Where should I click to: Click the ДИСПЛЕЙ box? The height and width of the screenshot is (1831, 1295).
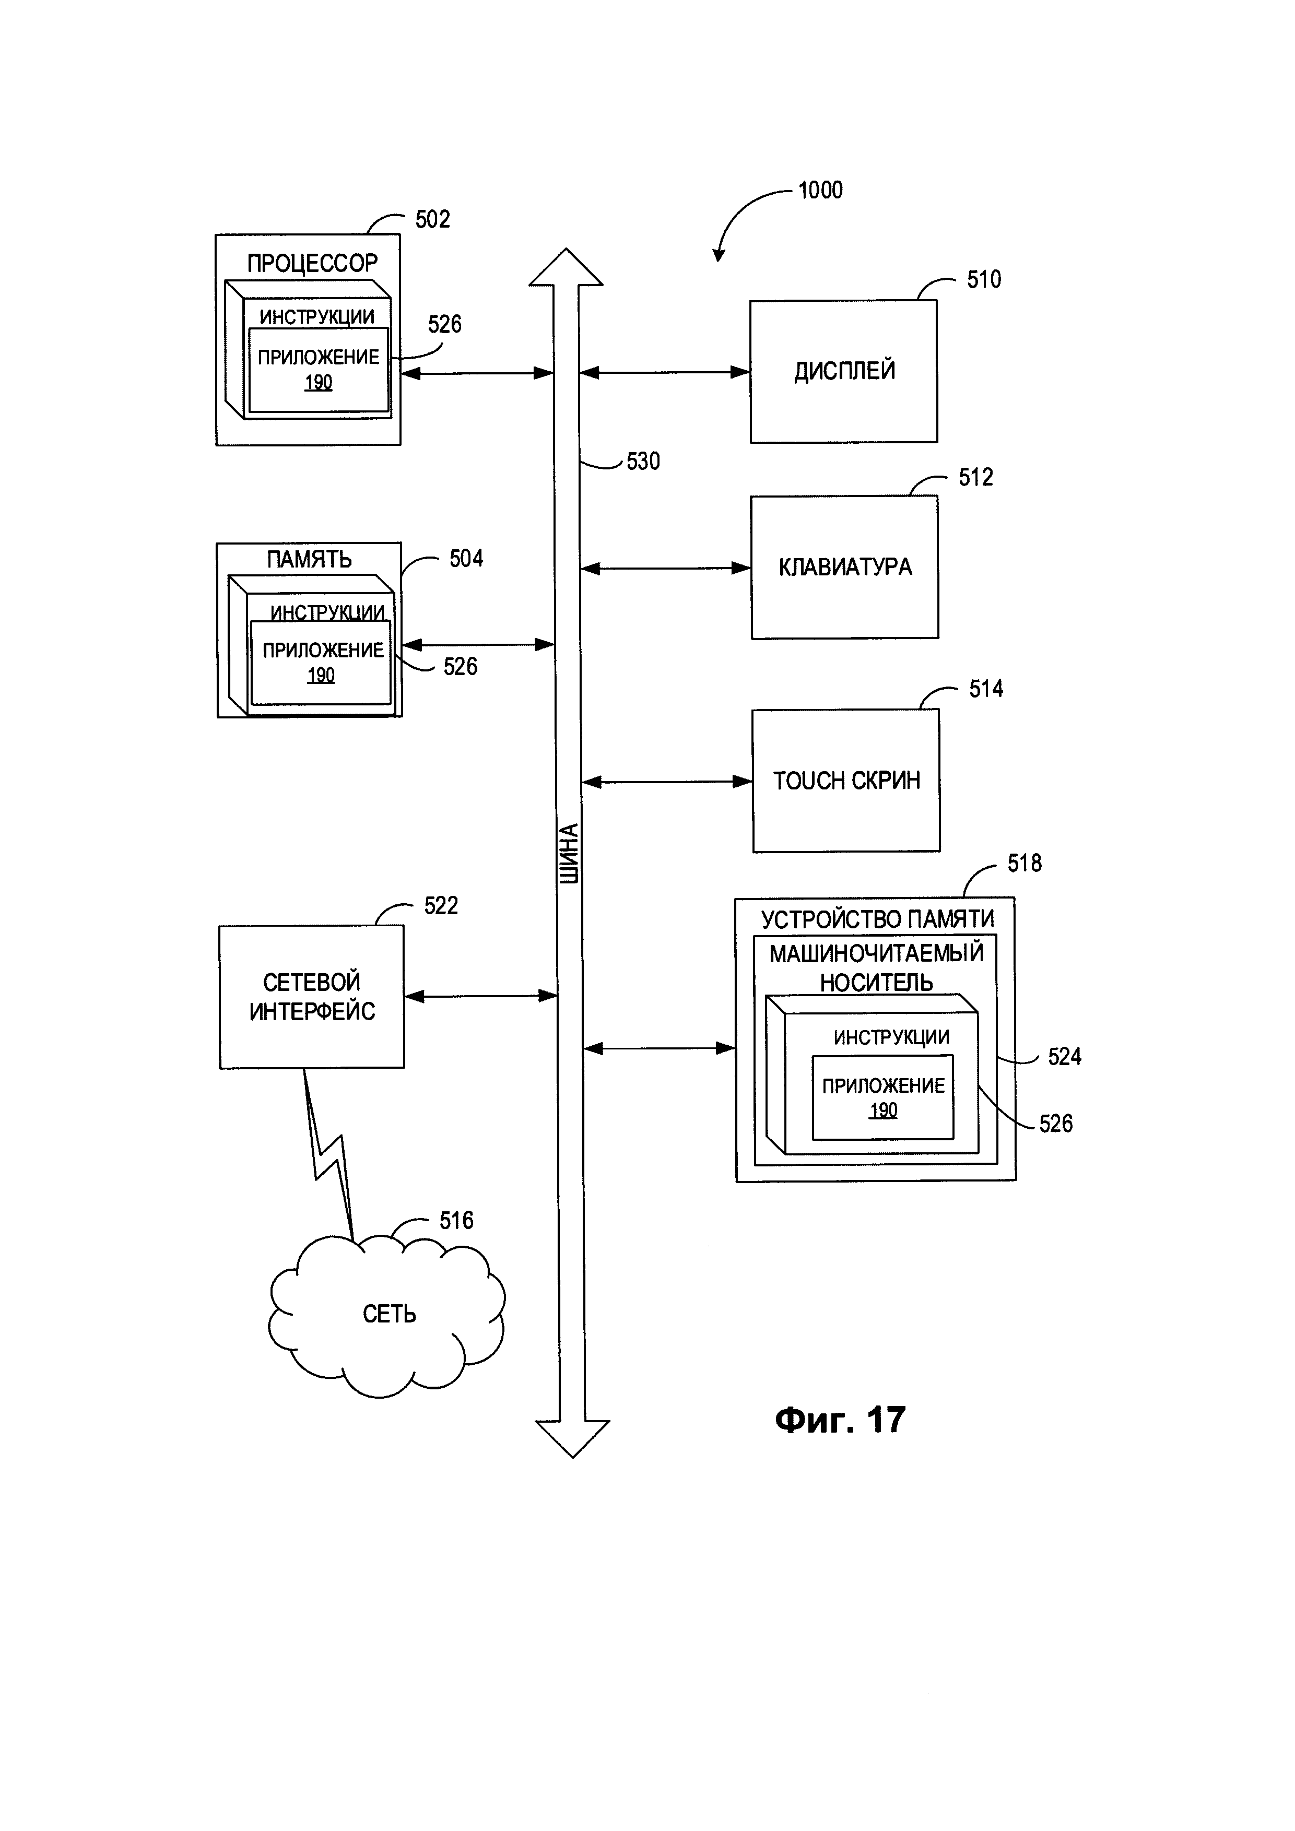coord(844,372)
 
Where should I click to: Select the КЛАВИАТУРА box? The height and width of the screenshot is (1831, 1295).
coord(844,567)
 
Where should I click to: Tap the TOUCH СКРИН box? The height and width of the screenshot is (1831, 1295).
coord(846,781)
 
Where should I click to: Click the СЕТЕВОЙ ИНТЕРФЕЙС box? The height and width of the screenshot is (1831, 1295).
coord(312,997)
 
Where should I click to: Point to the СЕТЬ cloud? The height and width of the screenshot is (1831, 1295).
coord(388,1314)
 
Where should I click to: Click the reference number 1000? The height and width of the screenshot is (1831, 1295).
coord(820,191)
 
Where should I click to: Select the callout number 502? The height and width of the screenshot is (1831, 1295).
coord(433,219)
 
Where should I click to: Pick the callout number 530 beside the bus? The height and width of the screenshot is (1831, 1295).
coord(643,462)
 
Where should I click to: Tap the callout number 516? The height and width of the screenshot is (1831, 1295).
coord(456,1220)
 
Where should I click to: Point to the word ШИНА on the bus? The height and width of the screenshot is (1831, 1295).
coord(569,853)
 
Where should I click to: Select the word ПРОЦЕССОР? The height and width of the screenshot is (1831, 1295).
coord(312,263)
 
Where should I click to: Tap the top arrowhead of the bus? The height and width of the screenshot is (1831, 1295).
coord(566,267)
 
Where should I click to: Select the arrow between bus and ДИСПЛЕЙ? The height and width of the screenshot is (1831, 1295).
coord(664,372)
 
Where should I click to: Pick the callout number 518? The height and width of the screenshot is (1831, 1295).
coord(1024,863)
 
